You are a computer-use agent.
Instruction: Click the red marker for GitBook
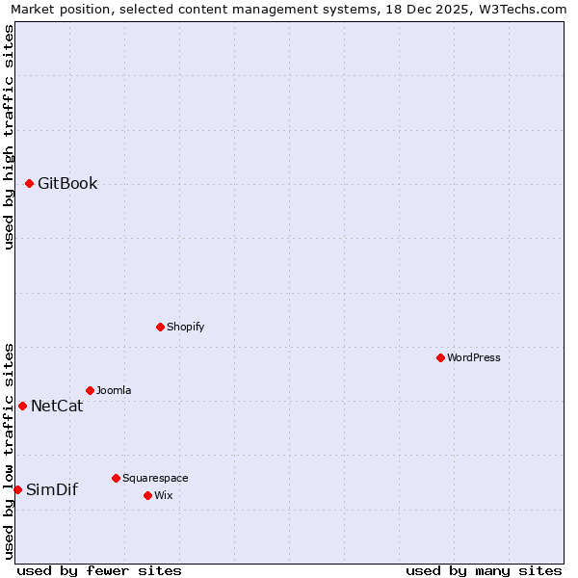click(29, 183)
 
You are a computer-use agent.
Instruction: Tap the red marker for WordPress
click(440, 357)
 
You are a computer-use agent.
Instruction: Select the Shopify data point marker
click(160, 327)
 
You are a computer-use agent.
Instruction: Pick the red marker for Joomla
click(90, 390)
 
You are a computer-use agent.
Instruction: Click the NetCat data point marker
click(22, 406)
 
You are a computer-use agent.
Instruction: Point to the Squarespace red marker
click(116, 478)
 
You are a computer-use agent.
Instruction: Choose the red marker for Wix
click(147, 495)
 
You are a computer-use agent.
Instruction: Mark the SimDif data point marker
click(17, 489)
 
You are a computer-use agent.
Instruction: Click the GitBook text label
click(67, 184)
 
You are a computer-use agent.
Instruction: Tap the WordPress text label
click(474, 357)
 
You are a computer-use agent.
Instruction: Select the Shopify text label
click(186, 327)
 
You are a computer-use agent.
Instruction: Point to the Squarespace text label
click(155, 478)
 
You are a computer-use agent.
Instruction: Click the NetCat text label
click(57, 407)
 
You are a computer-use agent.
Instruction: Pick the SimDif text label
click(52, 490)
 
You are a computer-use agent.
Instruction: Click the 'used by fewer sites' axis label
click(99, 570)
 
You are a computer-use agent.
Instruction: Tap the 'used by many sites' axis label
click(484, 570)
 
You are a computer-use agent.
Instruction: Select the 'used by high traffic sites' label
click(10, 137)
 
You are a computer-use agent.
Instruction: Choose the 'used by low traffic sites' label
click(10, 450)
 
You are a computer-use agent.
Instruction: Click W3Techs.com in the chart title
click(525, 10)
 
